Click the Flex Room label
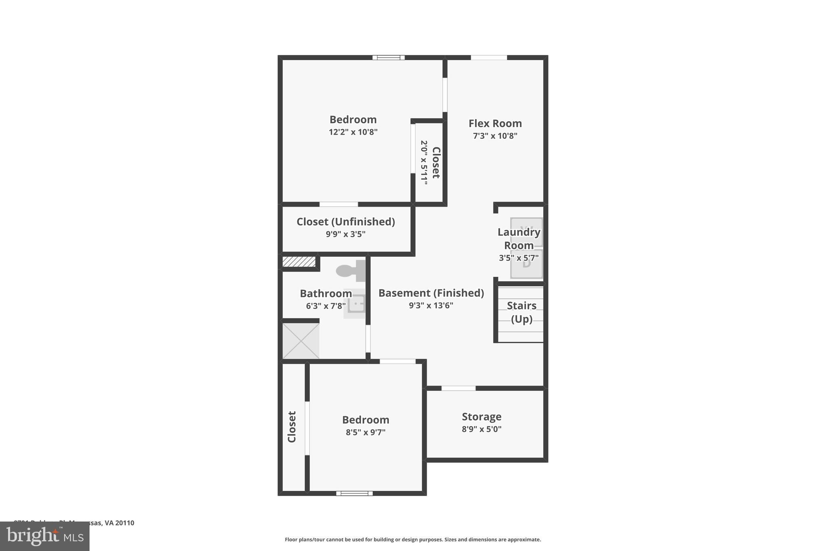pyautogui.click(x=495, y=124)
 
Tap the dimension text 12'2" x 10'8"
pyautogui.click(x=353, y=132)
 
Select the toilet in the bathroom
pyautogui.click(x=350, y=270)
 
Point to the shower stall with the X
pyautogui.click(x=301, y=341)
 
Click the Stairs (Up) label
pyautogui.click(x=521, y=312)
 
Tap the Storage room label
pyautogui.click(x=482, y=417)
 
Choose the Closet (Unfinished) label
pyautogui.click(x=346, y=222)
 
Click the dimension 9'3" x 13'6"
pyautogui.click(x=431, y=306)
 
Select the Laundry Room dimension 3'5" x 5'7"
pyautogui.click(x=519, y=258)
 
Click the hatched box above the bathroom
pyautogui.click(x=299, y=262)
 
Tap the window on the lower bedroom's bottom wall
pyautogui.click(x=355, y=493)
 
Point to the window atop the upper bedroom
pyautogui.click(x=388, y=58)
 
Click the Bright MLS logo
pyautogui.click(x=45, y=536)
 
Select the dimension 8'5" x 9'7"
pyautogui.click(x=365, y=432)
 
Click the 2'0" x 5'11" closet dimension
pyautogui.click(x=424, y=163)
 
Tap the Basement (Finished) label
pyautogui.click(x=431, y=293)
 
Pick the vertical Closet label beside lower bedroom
pyautogui.click(x=292, y=427)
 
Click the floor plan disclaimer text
pyautogui.click(x=413, y=540)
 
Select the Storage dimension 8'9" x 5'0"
pyautogui.click(x=482, y=429)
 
